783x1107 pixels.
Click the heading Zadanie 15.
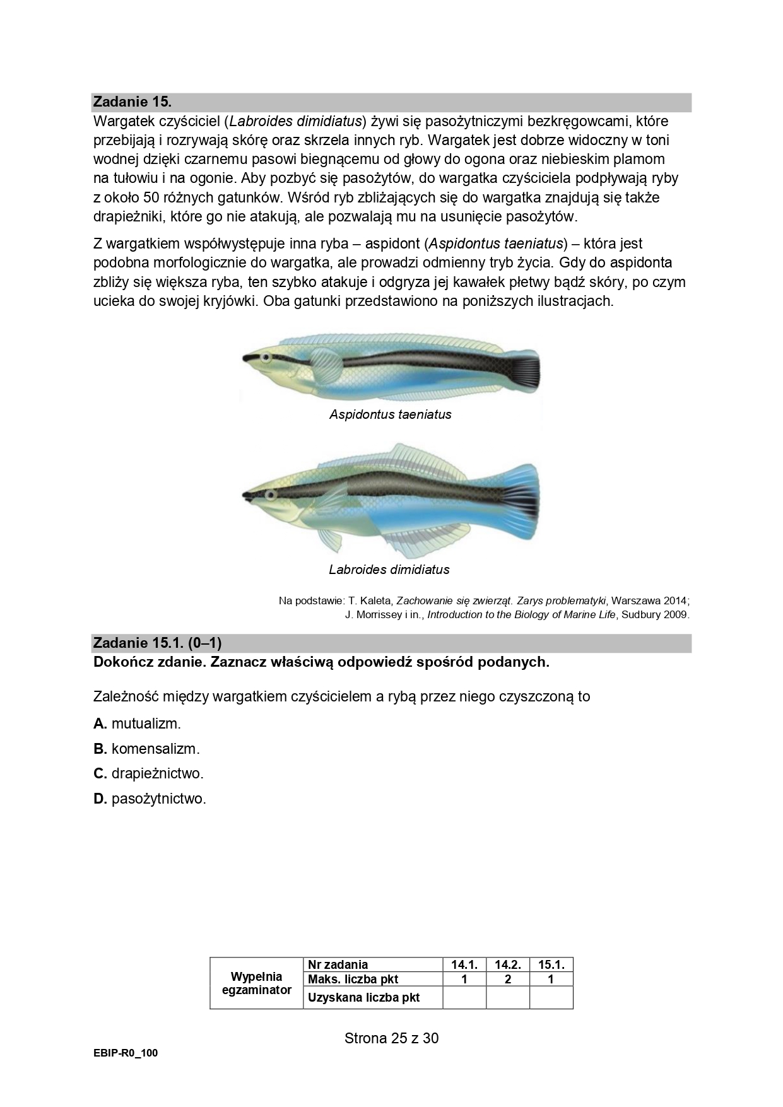coord(132,102)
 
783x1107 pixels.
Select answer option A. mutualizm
coord(138,723)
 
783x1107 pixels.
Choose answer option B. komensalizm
coord(146,749)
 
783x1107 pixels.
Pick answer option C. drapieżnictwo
coord(149,773)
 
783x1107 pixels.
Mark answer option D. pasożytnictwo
coord(150,799)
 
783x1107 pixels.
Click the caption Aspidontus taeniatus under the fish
coord(391,414)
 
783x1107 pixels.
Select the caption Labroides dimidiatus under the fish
coord(389,570)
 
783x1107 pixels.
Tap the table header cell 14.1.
coord(464,964)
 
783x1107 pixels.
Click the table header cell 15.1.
coord(551,964)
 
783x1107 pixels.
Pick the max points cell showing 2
coord(507,979)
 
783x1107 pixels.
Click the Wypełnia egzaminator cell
coord(256,983)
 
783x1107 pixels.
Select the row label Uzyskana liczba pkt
coord(363,997)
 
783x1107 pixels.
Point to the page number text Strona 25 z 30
coord(391,1038)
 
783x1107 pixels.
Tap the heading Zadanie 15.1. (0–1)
coord(157,643)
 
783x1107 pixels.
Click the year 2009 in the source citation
coord(673,614)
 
